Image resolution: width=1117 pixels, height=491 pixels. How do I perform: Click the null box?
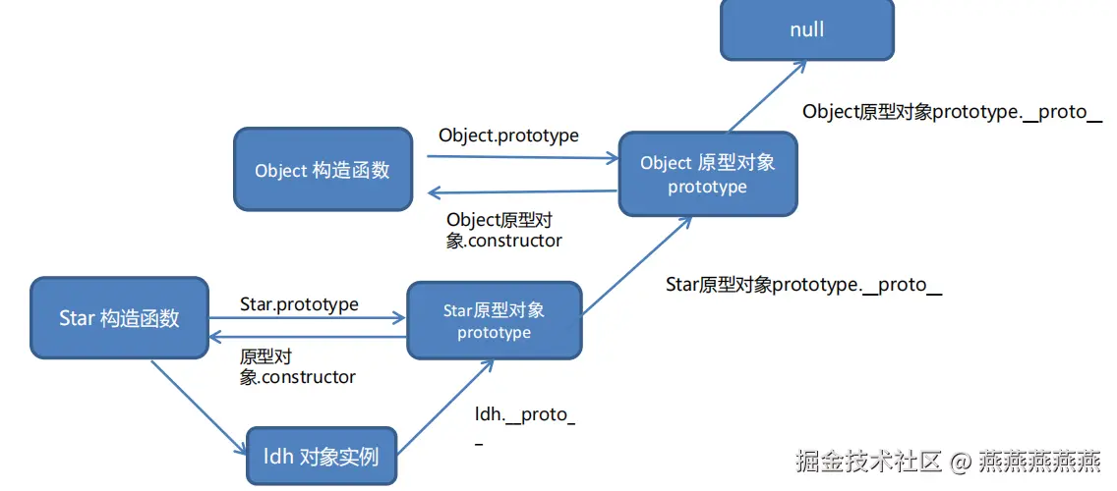pyautogui.click(x=806, y=29)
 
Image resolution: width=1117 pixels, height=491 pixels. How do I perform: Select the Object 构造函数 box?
pyautogui.click(x=323, y=169)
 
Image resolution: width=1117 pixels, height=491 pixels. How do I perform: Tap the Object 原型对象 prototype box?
pyautogui.click(x=707, y=174)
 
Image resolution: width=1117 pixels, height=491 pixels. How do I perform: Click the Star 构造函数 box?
pyautogui.click(x=119, y=317)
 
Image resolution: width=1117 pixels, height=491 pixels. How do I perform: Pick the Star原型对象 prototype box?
pyautogui.click(x=494, y=320)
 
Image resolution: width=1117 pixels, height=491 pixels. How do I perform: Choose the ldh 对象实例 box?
pyautogui.click(x=321, y=456)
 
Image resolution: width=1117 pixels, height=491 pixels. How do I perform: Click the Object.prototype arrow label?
pyautogui.click(x=508, y=135)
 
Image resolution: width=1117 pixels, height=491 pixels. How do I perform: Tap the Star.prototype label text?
pyautogui.click(x=299, y=304)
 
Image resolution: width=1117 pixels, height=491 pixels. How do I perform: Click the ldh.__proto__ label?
pyautogui.click(x=524, y=415)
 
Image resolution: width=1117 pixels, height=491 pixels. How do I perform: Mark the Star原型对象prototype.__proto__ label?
pyautogui.click(x=803, y=285)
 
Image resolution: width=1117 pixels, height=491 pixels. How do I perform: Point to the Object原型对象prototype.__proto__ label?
pyautogui.click(x=951, y=111)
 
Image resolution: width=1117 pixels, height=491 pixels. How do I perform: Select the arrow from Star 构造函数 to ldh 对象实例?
pyautogui.click(x=198, y=408)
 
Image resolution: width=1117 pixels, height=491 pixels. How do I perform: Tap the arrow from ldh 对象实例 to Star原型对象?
pyautogui.click(x=443, y=408)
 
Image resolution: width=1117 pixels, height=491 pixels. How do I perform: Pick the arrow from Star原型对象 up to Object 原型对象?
pyautogui.click(x=633, y=266)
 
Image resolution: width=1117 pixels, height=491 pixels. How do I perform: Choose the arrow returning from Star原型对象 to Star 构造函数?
pyautogui.click(x=308, y=337)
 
